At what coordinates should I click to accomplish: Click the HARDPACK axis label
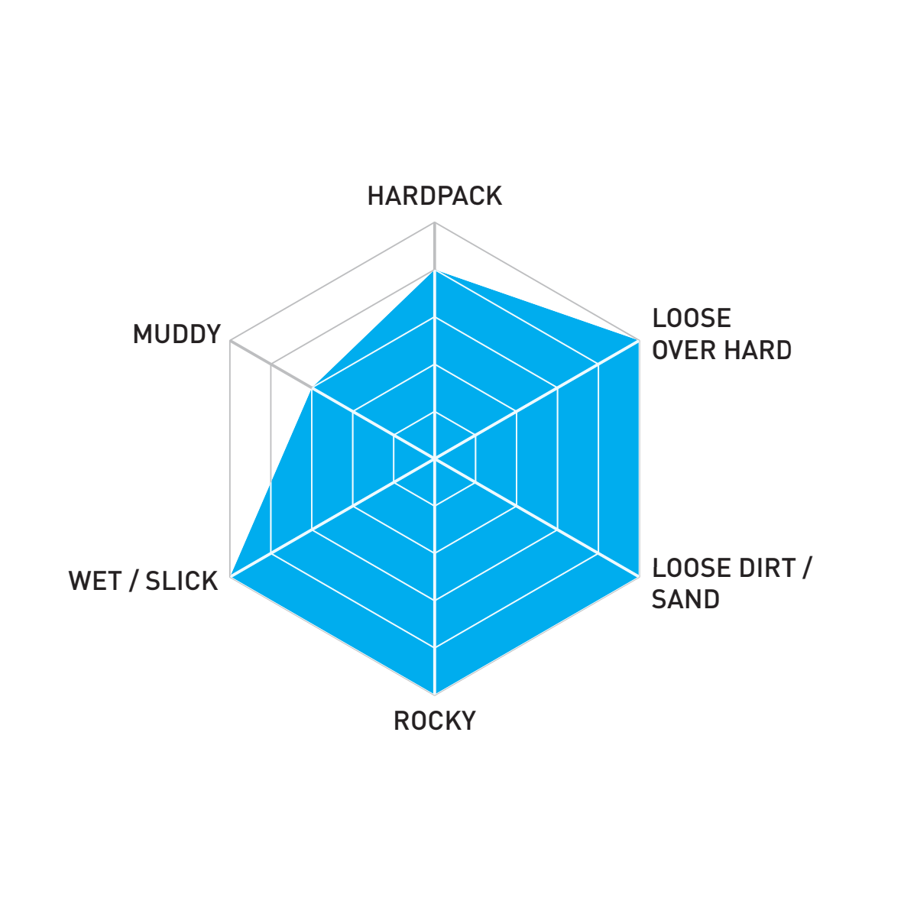(435, 196)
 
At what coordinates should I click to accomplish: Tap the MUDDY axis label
(177, 334)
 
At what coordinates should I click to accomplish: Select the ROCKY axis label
(435, 721)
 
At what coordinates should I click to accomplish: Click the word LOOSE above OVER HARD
(692, 318)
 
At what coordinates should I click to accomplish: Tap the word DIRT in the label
(766, 568)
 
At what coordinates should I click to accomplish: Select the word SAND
(685, 599)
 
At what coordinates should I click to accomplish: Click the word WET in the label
(95, 581)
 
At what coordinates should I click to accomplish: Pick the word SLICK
(181, 581)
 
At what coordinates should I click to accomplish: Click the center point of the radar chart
(435, 458)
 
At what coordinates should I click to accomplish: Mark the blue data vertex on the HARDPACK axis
(435, 270)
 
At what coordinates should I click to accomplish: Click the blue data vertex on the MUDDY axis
(312, 388)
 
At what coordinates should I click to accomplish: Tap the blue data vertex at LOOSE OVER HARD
(639, 341)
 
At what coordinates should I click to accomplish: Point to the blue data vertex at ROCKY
(435, 695)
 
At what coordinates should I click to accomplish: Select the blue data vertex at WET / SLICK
(230, 576)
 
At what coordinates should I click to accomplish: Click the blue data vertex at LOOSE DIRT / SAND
(639, 576)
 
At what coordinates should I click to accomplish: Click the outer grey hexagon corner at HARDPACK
(435, 222)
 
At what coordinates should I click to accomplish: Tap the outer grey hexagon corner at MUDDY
(230, 341)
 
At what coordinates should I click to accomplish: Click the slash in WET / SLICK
(134, 581)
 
